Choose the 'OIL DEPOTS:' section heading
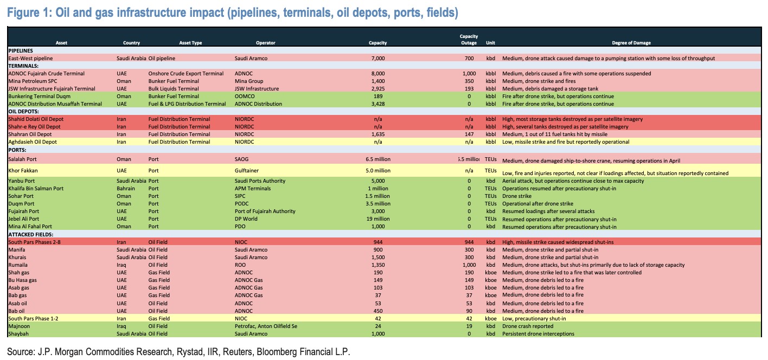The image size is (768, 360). tap(25, 111)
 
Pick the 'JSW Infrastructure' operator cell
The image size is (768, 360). tap(257, 88)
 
